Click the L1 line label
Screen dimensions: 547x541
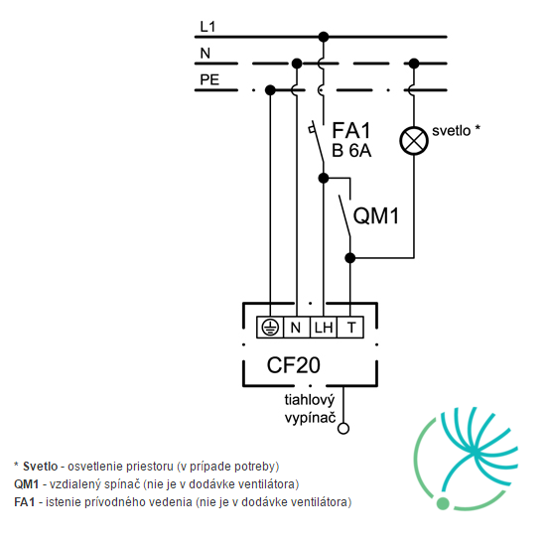(207, 27)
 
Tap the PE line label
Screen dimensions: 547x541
(209, 79)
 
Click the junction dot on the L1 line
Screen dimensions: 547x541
(324, 37)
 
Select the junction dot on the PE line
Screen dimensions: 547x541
(270, 90)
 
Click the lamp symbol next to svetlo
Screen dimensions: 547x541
(414, 141)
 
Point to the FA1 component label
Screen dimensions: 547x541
(351, 130)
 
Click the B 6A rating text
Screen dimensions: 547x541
(351, 151)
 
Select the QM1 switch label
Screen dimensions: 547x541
(376, 215)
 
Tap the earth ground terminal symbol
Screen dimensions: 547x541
(270, 328)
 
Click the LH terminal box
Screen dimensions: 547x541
(324, 328)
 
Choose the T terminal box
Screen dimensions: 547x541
(350, 328)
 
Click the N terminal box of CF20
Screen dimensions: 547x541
(297, 328)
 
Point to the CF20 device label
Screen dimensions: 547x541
(294, 365)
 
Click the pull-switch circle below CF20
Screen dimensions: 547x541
(343, 429)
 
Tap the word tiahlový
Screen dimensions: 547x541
(310, 400)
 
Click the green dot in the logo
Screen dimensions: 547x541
(443, 503)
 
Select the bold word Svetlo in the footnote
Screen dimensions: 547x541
(40, 467)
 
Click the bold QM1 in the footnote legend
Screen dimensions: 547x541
(26, 484)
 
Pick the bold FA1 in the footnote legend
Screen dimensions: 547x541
(25, 502)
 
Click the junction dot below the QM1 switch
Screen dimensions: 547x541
(350, 258)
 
